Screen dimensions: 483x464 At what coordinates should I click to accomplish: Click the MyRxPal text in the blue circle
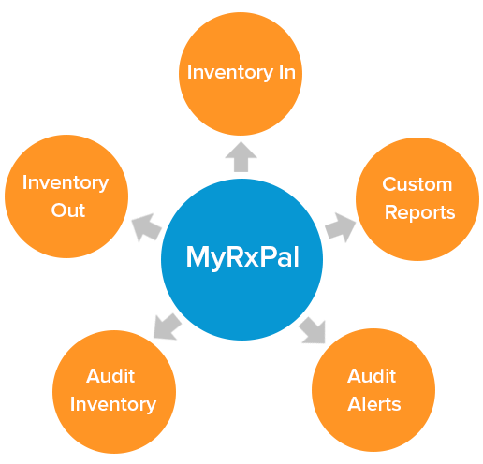[x=242, y=257]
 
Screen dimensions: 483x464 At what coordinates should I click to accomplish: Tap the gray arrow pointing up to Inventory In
[x=241, y=157]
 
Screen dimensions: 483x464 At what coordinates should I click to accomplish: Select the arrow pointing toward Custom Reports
[x=341, y=227]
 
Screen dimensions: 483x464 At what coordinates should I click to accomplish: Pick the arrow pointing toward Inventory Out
[x=147, y=227]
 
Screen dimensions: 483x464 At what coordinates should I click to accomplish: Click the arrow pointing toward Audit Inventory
[x=168, y=326]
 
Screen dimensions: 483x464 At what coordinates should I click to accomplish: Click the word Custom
[x=417, y=184]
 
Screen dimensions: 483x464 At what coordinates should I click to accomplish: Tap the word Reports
[x=420, y=213]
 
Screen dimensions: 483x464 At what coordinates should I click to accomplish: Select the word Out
[x=68, y=210]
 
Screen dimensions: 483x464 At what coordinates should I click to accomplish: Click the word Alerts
[x=374, y=404]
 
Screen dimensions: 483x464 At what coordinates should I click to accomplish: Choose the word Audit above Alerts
[x=372, y=376]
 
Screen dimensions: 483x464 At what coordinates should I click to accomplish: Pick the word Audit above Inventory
[x=110, y=376]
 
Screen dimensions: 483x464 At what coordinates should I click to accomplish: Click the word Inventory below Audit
[x=113, y=405]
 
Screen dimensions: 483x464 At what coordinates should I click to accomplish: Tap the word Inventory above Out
[x=66, y=183]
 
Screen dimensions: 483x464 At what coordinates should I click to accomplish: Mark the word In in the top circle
[x=287, y=72]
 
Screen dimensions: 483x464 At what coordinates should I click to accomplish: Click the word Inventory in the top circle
[x=230, y=73]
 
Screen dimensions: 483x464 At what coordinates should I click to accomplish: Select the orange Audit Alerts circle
[x=373, y=390]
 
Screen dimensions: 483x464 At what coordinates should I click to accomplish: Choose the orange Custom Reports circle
[x=417, y=199]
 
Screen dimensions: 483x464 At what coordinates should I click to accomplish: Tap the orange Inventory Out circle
[x=66, y=196]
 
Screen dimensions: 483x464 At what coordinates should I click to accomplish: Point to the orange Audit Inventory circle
[x=114, y=392]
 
